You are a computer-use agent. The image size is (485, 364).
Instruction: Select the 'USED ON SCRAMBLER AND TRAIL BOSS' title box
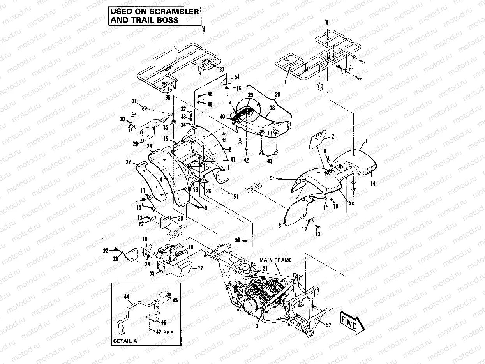[154, 16]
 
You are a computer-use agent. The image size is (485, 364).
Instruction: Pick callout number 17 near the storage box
[201, 268]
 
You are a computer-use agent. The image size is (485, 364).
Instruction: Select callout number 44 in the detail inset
[127, 297]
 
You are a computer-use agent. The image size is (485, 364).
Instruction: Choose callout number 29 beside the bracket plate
[135, 144]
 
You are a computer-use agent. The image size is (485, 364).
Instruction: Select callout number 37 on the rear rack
[222, 69]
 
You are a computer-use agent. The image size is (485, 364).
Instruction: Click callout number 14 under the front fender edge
[372, 183]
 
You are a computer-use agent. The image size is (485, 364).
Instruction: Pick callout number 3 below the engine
[257, 327]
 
